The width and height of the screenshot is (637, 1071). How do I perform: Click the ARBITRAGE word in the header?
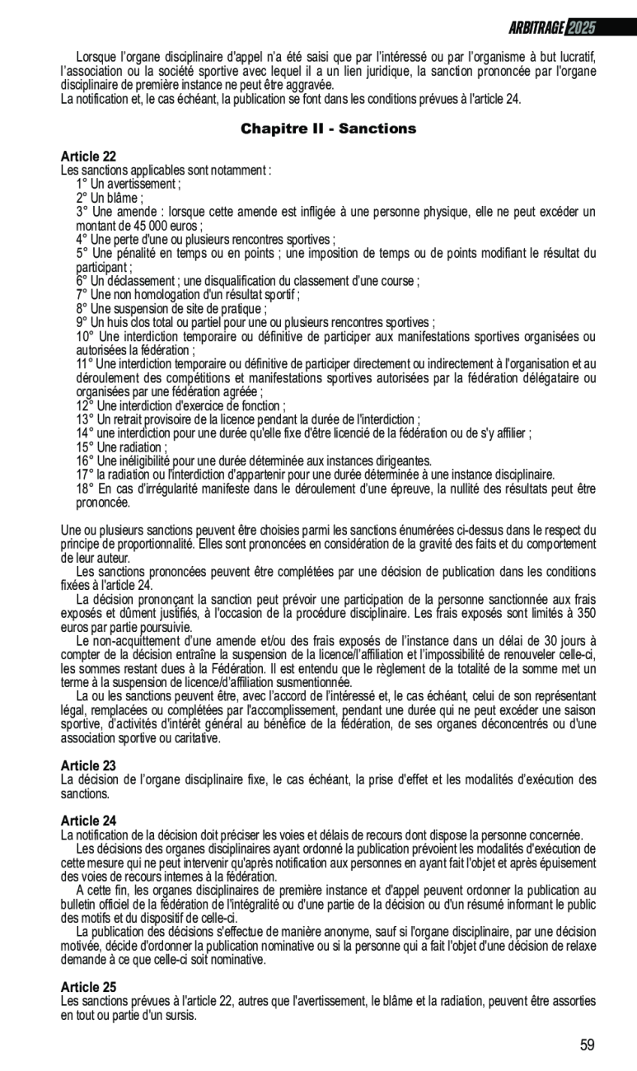(536, 28)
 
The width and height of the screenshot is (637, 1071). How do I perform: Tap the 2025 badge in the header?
(582, 28)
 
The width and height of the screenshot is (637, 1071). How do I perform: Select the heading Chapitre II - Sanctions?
(328, 129)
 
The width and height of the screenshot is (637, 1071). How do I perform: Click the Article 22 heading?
(88, 157)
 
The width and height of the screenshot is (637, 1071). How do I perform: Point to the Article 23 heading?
(88, 766)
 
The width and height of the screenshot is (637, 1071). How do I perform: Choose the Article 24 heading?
(88, 821)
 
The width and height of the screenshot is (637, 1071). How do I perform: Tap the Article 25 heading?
(88, 987)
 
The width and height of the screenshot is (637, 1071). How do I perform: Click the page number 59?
(587, 1045)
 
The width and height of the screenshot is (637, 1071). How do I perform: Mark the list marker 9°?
(82, 322)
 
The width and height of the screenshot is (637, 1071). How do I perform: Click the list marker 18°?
(85, 489)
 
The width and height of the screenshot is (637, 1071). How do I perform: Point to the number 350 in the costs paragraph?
(585, 614)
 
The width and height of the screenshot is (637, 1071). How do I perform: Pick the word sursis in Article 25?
(179, 1015)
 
